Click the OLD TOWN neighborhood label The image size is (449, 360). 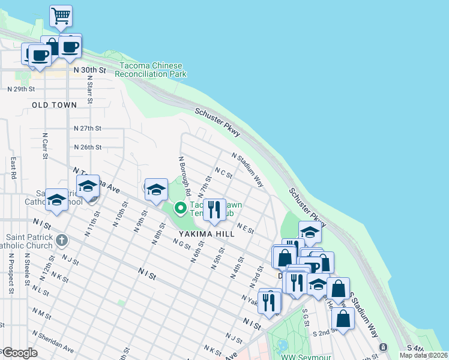pos(55,105)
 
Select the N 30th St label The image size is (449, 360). pos(89,70)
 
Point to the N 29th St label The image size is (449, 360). pos(22,89)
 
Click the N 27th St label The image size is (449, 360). pos(88,128)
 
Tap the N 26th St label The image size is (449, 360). pos(88,147)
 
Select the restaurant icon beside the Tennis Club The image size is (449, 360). pos(214,210)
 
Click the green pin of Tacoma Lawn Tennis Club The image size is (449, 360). pos(179,208)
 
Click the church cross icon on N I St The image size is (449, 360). pos(61,241)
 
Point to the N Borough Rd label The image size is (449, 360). pos(184,177)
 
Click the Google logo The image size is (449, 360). pos(19,353)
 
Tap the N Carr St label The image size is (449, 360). pos(45,145)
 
